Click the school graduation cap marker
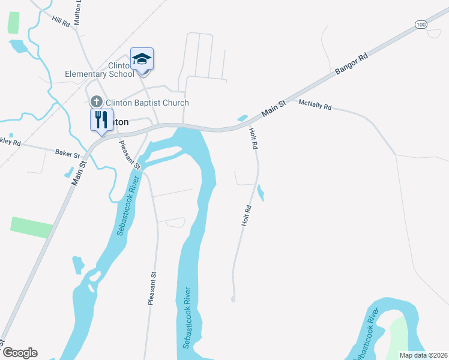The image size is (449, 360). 142,59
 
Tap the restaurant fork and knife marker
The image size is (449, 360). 101,119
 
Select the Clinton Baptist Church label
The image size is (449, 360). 147,103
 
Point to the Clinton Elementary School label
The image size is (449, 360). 100,70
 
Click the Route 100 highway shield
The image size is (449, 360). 421,24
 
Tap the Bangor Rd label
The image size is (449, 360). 351,67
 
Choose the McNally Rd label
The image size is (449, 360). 315,106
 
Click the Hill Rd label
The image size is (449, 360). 61,22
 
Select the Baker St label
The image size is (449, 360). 67,154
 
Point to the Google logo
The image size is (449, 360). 19,352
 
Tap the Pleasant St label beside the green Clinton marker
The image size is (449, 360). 130,154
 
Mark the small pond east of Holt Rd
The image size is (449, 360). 261,193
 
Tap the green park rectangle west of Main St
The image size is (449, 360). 32,227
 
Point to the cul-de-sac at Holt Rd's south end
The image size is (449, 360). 233,298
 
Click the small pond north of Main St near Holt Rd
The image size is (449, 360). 243,118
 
